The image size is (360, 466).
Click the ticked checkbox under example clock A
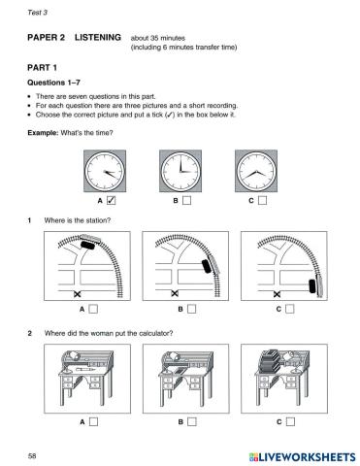(111, 201)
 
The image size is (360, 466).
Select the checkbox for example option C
(263, 201)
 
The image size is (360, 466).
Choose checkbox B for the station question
(191, 310)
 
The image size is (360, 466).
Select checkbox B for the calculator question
(191, 421)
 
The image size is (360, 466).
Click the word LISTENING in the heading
(94, 37)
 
